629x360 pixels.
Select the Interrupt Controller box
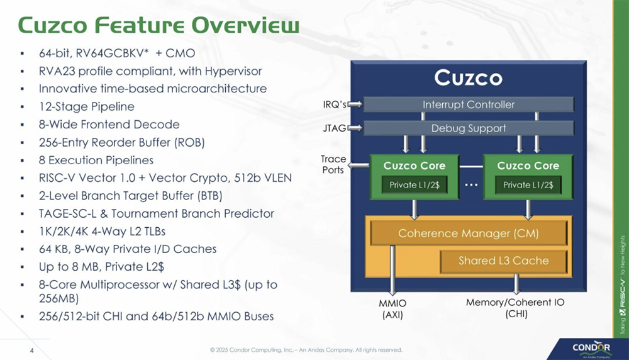(x=469, y=104)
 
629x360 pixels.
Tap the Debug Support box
(x=469, y=128)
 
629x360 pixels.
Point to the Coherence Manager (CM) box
(x=469, y=233)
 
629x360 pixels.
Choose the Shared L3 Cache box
(x=503, y=261)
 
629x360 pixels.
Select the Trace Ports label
(x=333, y=165)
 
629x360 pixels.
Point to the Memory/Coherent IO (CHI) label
(x=515, y=308)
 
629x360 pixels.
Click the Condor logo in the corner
(x=591, y=348)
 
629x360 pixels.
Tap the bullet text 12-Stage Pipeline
(x=86, y=107)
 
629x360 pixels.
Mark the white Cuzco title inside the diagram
(x=469, y=78)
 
